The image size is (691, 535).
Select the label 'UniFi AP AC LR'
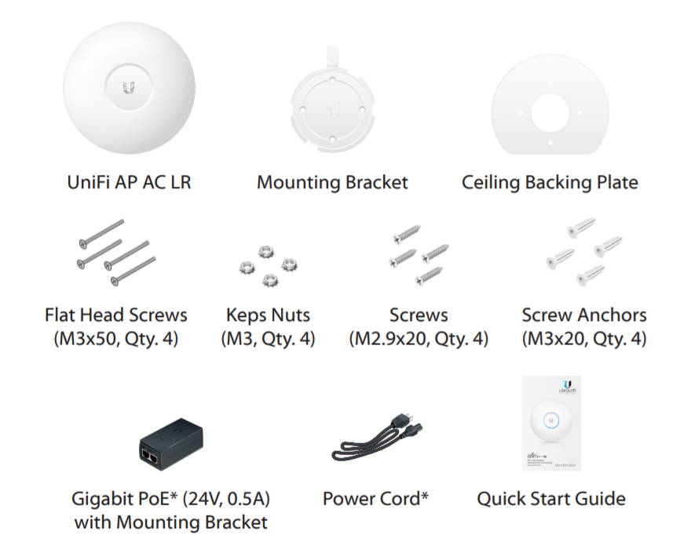(x=129, y=183)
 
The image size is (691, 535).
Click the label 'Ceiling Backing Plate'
(x=550, y=183)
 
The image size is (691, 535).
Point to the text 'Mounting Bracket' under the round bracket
(x=332, y=183)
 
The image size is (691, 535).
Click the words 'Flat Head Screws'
(x=116, y=315)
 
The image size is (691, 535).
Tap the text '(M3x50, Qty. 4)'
(x=116, y=340)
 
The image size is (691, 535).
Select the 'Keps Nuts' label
(x=268, y=315)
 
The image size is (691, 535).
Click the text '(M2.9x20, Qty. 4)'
(x=419, y=340)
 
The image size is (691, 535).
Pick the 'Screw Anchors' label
(x=584, y=315)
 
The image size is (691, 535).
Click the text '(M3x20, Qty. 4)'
(x=584, y=340)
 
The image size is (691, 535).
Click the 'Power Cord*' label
(x=375, y=498)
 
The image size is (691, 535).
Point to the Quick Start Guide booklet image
(x=551, y=423)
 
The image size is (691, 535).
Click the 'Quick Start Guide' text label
(x=551, y=498)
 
